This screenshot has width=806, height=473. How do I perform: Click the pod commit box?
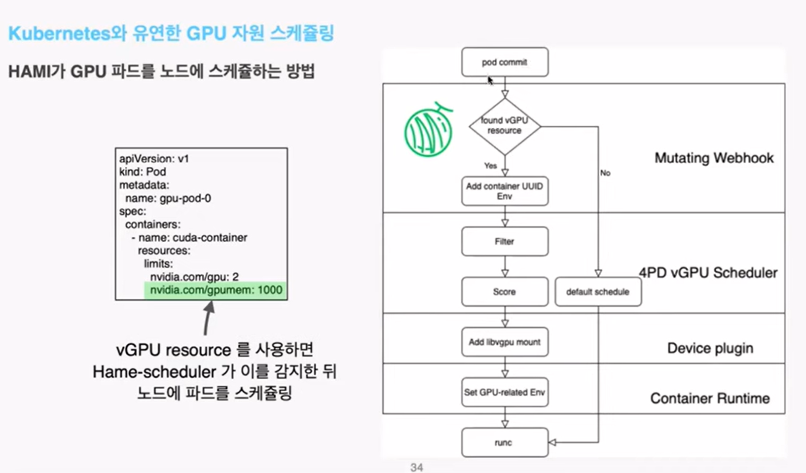pos(505,62)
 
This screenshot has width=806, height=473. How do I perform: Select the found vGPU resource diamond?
pos(504,126)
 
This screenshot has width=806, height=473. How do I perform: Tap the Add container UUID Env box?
pos(505,191)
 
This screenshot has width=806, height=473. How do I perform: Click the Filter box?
pos(505,241)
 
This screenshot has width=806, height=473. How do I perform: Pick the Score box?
pos(505,291)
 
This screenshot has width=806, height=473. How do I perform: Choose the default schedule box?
pos(598,291)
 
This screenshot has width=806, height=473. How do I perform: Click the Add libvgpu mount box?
pos(505,342)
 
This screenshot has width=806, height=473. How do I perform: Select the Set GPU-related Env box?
pos(505,392)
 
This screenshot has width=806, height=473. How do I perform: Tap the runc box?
pos(505,442)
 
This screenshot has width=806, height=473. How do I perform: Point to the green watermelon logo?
pos(428,131)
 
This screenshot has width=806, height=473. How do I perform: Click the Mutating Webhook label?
pos(714,158)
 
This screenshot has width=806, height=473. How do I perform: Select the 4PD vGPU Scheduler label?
pos(708,272)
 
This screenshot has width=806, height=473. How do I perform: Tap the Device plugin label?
pos(710,348)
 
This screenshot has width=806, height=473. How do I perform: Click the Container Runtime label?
pos(710,399)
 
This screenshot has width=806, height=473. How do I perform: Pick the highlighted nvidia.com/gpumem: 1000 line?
pos(216,290)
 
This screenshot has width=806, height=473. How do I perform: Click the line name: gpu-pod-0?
pos(168,198)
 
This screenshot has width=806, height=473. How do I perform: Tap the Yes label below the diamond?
pos(490,166)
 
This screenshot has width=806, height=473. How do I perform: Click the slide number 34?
pos(416,467)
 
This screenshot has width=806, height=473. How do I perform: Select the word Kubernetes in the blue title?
pos(59,34)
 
